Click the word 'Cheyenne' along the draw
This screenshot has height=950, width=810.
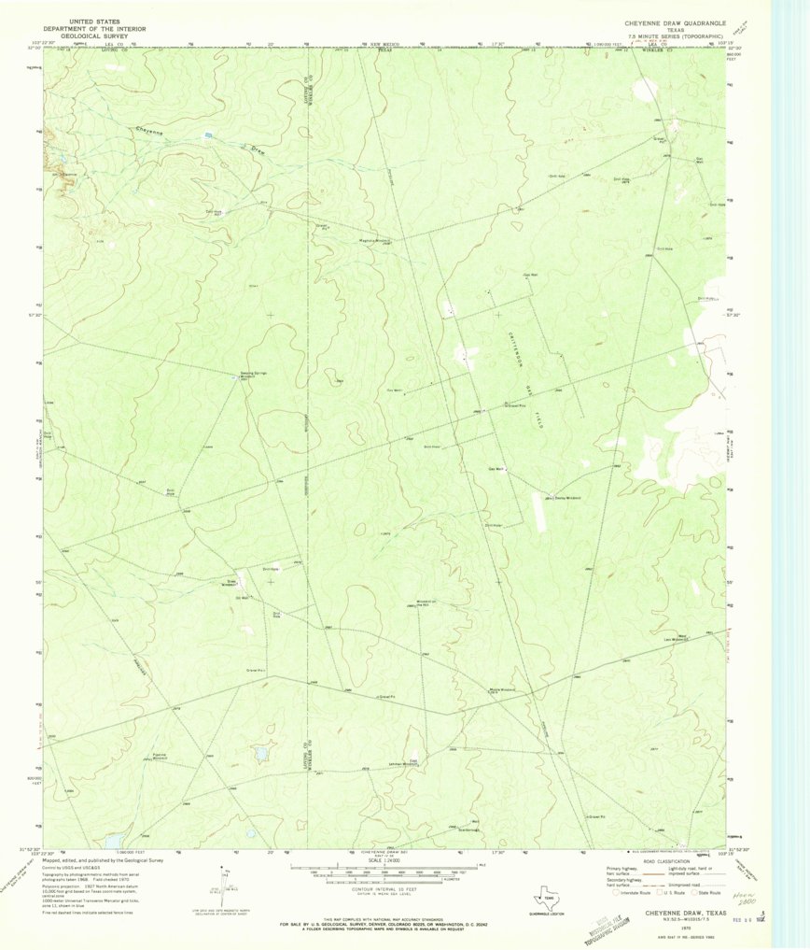149,132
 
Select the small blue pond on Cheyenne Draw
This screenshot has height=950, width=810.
208,135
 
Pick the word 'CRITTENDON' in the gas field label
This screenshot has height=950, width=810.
511,352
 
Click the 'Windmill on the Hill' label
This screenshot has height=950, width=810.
422,603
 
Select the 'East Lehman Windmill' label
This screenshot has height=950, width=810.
420,763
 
